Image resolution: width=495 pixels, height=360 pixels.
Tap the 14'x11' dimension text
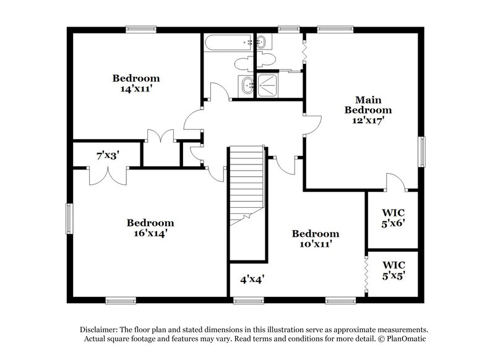pos(136,89)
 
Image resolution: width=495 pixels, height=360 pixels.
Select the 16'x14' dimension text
pos(150,234)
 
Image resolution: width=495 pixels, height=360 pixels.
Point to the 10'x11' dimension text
pos(315,244)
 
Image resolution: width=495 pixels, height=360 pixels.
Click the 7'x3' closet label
pos(108,155)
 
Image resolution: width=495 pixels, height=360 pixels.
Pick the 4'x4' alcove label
pos(252,279)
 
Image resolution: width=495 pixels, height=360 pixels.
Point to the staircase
pos(247,186)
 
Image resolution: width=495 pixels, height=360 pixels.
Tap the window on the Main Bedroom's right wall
pos(423,152)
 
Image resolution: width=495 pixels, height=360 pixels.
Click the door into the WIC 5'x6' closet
pos(395,182)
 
